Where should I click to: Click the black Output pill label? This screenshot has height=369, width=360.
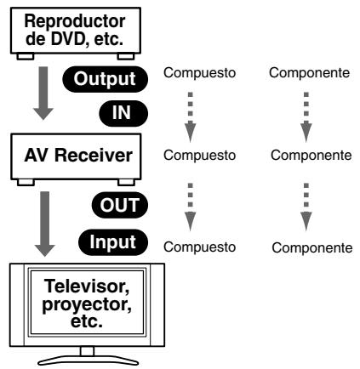point(106,79)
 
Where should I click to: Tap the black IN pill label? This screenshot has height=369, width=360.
point(123,113)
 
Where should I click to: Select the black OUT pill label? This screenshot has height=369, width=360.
point(120,205)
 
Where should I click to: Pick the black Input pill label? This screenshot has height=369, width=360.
point(113,242)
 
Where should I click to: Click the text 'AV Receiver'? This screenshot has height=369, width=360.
point(78,156)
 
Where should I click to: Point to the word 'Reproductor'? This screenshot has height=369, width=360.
point(75,21)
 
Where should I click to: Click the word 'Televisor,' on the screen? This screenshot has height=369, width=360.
point(87,287)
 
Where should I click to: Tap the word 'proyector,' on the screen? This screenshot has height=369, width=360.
point(87,304)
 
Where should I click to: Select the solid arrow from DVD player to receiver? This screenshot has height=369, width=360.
point(43,93)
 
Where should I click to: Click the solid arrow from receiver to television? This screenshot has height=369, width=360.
point(44,224)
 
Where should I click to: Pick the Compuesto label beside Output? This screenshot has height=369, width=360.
point(199,73)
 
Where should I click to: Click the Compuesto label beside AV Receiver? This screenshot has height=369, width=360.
point(199,156)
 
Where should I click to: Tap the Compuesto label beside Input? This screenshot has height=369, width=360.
point(199,247)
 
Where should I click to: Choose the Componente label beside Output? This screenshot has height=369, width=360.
point(309,73)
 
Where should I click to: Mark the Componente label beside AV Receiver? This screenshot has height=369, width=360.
point(311,156)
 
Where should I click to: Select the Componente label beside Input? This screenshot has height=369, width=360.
point(312,248)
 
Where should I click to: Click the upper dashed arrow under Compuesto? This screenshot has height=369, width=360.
point(191,116)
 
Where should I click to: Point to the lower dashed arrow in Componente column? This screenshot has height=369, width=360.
point(306,207)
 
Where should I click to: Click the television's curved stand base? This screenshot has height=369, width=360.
point(89,360)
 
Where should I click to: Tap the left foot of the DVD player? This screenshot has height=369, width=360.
point(26,57)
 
